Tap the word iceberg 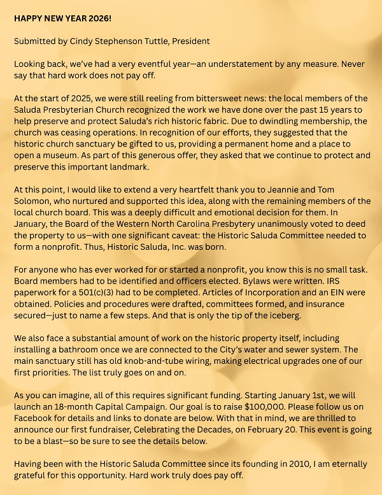pos(301,315)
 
